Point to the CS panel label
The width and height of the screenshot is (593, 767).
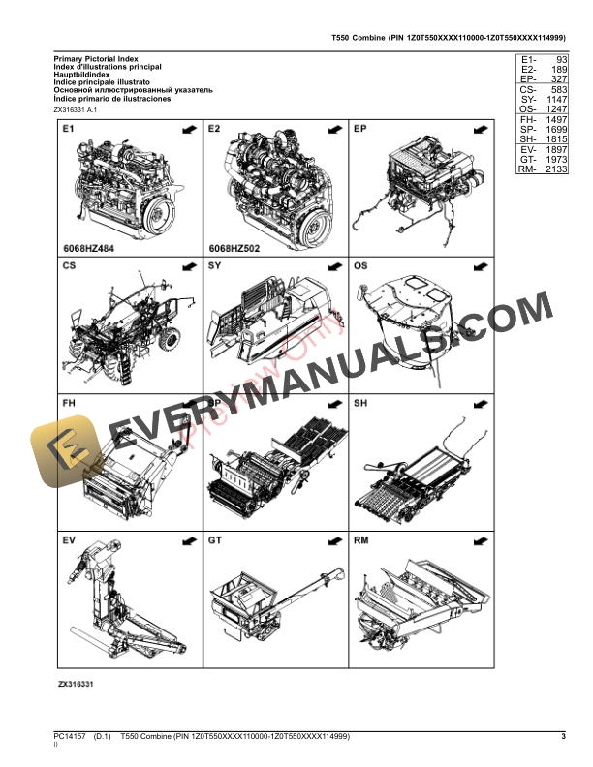(x=69, y=264)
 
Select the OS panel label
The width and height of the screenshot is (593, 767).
(x=360, y=264)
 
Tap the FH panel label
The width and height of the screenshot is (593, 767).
(x=69, y=402)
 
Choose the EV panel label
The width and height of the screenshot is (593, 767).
(x=69, y=538)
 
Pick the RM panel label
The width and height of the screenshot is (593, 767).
(x=361, y=538)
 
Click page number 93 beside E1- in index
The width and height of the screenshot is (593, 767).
(x=558, y=60)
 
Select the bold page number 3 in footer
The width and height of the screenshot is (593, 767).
(x=563, y=738)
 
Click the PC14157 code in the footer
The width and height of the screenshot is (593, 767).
(x=71, y=738)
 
